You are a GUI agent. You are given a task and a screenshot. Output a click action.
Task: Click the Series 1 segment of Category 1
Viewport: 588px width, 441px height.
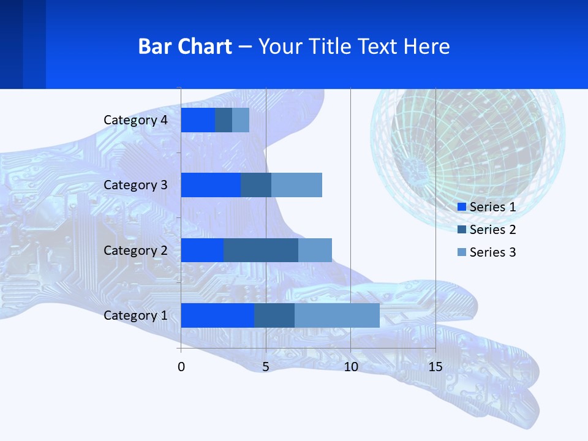point(217,315)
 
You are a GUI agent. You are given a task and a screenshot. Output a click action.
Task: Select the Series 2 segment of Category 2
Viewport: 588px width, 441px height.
point(261,250)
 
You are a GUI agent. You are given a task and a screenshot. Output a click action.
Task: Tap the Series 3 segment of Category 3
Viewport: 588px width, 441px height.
point(296,185)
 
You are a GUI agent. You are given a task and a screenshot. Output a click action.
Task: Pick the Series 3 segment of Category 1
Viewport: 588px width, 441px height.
point(337,315)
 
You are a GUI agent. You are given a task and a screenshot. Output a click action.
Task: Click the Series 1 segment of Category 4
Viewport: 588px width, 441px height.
point(198,120)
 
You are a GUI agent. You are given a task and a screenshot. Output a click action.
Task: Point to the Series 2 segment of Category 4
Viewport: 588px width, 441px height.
point(224,120)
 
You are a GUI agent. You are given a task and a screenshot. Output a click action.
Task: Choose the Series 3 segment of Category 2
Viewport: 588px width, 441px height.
point(315,250)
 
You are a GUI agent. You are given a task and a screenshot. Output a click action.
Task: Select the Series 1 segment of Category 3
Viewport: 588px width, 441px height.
point(211,185)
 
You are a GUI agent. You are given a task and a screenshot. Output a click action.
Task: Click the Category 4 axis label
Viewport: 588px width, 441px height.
point(135,120)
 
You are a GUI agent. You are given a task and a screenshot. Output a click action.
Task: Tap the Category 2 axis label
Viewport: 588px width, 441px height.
point(135,250)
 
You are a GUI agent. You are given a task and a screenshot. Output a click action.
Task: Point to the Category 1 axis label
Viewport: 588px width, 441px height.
point(135,315)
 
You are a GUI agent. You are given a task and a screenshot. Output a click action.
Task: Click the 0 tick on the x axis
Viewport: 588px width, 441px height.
point(181,367)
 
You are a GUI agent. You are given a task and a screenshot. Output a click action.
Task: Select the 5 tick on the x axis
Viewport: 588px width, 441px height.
point(266,367)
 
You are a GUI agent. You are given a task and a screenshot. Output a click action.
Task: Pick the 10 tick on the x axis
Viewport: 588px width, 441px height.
point(350,367)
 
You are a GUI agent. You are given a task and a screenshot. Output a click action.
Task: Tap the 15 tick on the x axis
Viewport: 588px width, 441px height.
point(435,367)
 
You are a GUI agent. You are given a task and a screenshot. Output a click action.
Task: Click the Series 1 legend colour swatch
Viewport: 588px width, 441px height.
point(462,207)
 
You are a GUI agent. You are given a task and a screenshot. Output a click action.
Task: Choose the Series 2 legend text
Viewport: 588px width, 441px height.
point(492,230)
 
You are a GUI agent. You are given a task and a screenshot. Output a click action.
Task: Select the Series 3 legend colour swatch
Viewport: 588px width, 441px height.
point(462,252)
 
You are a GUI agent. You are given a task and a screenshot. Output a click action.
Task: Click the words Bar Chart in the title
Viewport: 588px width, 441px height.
point(185,47)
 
